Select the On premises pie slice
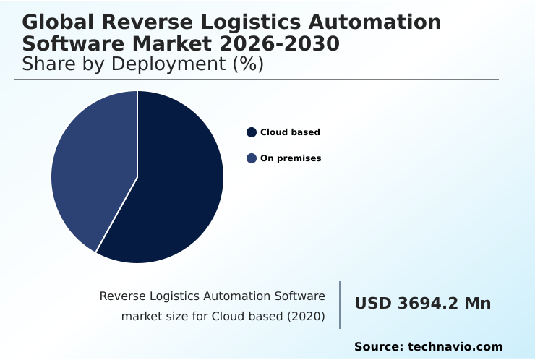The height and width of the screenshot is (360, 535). coord(90,170)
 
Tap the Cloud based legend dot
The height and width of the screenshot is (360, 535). coord(252,132)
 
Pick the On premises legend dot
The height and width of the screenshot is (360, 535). coord(252,158)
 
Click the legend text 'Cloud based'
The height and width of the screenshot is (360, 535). coord(290,132)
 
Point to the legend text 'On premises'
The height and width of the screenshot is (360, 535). coord(291,158)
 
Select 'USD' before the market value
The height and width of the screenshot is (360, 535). coord(372,304)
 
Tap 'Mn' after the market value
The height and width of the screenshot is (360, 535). coord(478,304)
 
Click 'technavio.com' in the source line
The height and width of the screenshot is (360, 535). coord(455,347)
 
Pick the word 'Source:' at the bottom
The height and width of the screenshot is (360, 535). coord(378,347)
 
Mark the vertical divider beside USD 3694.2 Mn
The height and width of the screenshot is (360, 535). coord(340,305)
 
